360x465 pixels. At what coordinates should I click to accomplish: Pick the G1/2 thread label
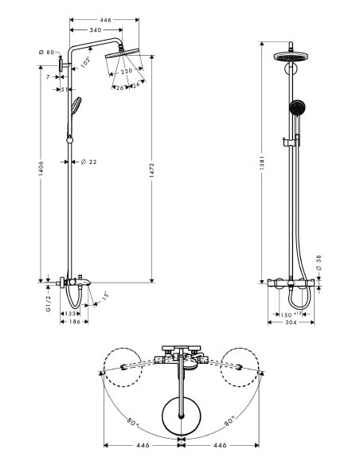[x=49, y=303]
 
